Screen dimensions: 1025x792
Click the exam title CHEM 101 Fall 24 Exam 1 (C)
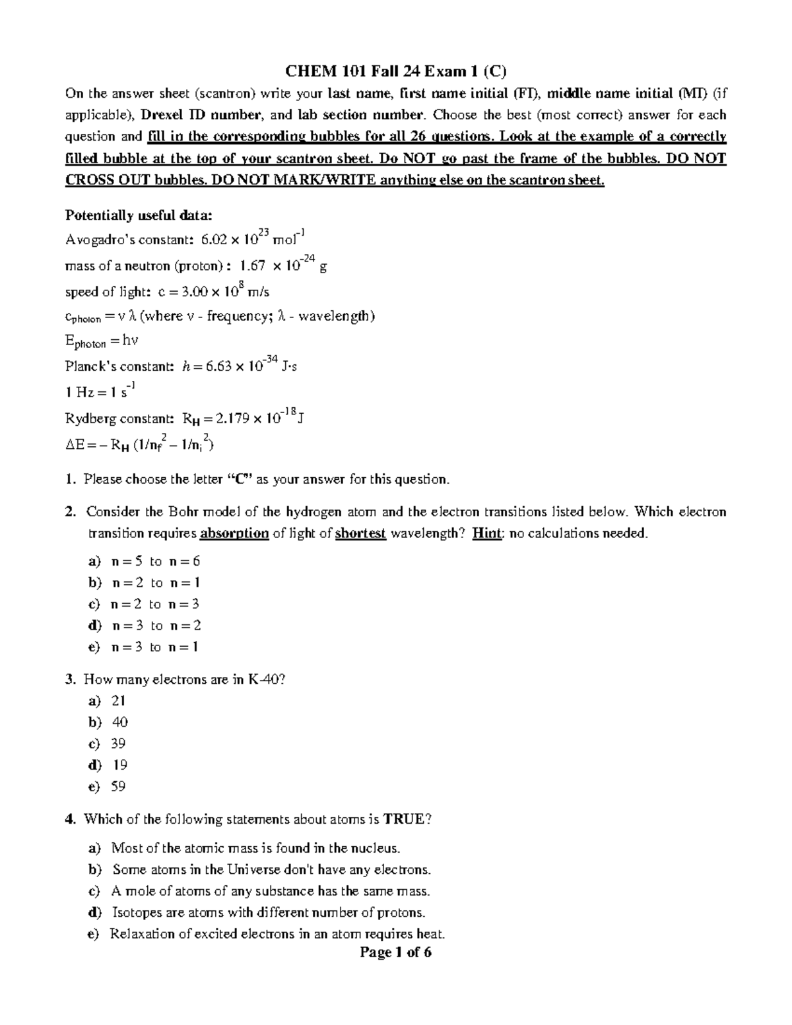pyautogui.click(x=396, y=71)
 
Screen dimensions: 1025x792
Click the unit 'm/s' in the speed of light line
pyautogui.click(x=257, y=291)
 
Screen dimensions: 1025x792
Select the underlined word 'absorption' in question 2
pyautogui.click(x=234, y=533)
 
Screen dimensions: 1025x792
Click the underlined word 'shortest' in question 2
pyautogui.click(x=360, y=533)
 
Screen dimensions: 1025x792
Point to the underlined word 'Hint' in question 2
pyautogui.click(x=486, y=533)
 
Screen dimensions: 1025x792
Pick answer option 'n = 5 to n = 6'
pyautogui.click(x=156, y=561)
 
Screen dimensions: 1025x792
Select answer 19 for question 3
pyautogui.click(x=119, y=765)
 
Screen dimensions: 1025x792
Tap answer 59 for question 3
pyautogui.click(x=119, y=786)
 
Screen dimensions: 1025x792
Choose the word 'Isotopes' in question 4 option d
pyautogui.click(x=135, y=913)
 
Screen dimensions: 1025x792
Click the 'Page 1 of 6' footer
pyautogui.click(x=395, y=952)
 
